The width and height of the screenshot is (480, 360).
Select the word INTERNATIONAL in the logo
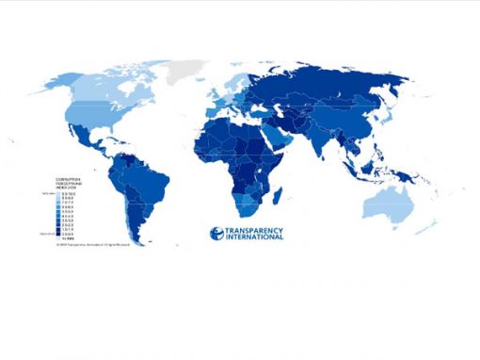247,237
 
